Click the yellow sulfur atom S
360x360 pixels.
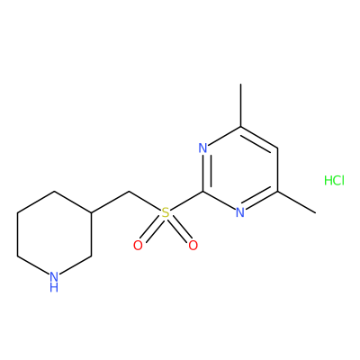(166, 213)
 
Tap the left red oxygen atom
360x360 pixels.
(138, 246)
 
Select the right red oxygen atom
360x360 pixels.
(193, 246)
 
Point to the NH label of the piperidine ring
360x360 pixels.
(54, 281)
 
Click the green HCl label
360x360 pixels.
(334, 180)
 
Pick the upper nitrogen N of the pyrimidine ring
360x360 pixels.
(203, 148)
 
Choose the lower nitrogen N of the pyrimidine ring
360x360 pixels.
(240, 212)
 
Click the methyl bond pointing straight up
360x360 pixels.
(240, 105)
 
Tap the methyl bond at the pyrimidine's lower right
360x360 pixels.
(297, 202)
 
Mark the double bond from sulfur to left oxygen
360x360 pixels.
(151, 229)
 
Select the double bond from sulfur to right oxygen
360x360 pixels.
(179, 229)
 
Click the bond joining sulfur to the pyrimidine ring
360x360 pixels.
(187, 201)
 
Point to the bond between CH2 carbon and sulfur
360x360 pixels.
(145, 201)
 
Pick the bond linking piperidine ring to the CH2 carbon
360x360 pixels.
(110, 202)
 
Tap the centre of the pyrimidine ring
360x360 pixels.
(240, 169)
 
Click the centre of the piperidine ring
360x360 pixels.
(54, 234)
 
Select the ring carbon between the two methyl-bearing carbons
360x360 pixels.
(278, 148)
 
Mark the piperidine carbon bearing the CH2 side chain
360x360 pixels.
(91, 213)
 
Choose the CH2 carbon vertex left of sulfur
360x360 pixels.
(129, 191)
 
